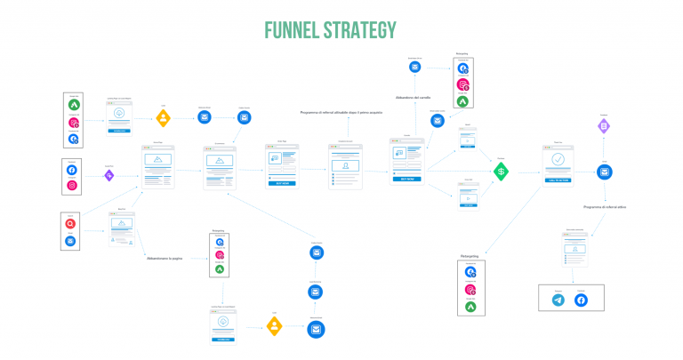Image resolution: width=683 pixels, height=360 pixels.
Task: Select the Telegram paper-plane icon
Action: point(558,300)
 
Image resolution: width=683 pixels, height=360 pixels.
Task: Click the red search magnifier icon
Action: point(71,224)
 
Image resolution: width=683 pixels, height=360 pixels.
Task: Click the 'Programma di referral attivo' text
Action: point(606,206)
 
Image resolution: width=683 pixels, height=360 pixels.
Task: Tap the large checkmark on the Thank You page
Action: point(558,160)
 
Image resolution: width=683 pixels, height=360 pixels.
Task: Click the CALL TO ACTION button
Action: point(558,180)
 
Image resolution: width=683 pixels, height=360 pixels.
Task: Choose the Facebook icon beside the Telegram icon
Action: point(582,300)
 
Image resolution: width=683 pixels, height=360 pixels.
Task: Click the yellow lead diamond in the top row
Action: point(164,116)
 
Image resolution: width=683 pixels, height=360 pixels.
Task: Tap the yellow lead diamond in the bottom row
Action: point(275,326)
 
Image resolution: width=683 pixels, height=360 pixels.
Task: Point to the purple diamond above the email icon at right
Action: point(604,127)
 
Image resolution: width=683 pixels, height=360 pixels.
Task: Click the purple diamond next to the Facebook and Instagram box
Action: point(109,175)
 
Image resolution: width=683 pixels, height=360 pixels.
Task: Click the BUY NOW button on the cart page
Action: point(407,178)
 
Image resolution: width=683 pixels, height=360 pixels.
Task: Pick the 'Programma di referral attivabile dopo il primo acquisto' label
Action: point(341,113)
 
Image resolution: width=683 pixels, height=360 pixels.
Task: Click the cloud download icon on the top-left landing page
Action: point(119,115)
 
